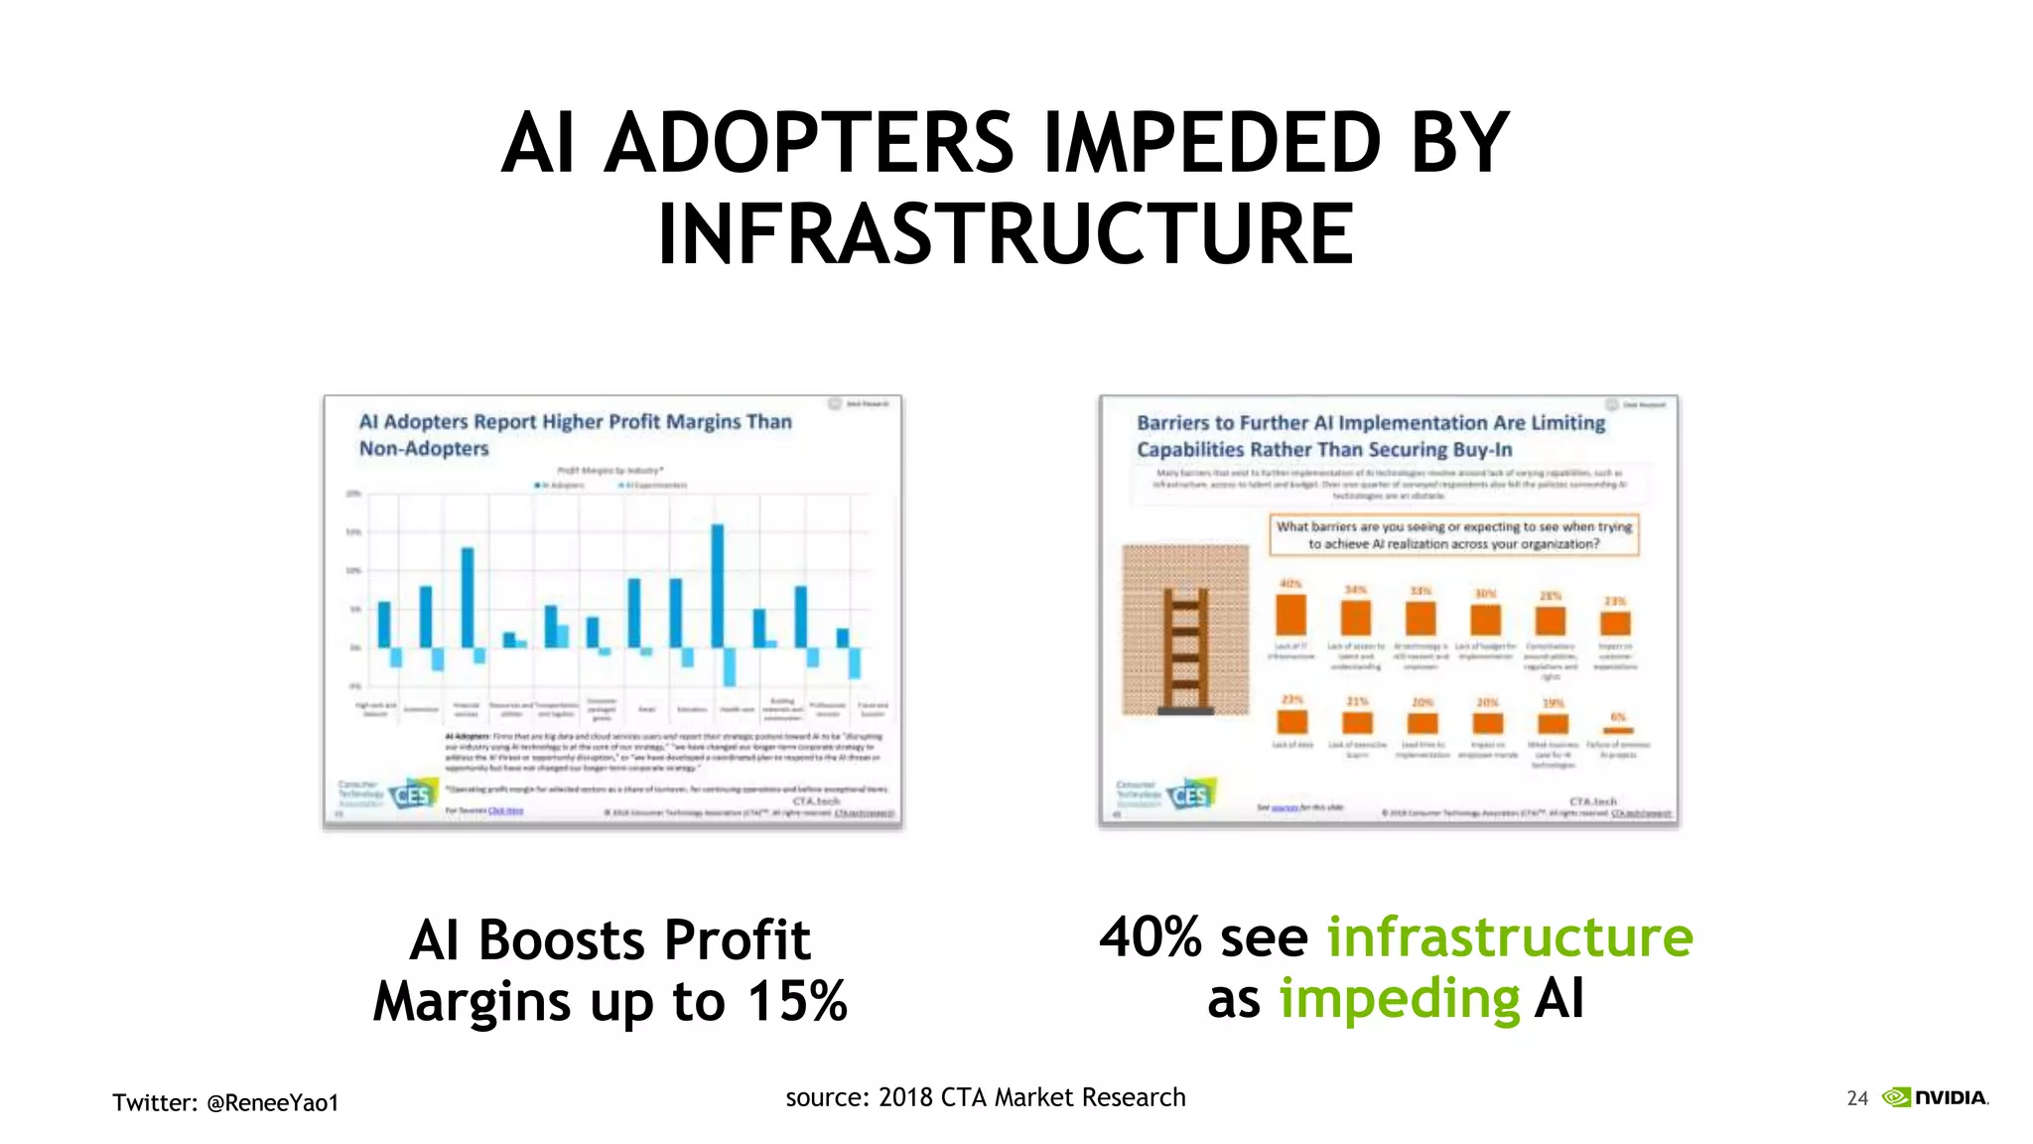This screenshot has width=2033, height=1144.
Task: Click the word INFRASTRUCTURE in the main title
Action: click(1006, 234)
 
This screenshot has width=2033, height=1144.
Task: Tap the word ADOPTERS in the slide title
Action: click(809, 143)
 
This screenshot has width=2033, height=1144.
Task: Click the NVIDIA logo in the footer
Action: click(1936, 1097)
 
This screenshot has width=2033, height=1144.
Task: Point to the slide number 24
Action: click(1857, 1098)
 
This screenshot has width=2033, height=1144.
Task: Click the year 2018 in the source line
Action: click(905, 1097)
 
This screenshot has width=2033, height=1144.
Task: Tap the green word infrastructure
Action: click(1509, 937)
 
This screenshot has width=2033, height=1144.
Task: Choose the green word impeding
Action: click(1399, 999)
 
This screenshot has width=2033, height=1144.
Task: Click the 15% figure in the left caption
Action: click(797, 1001)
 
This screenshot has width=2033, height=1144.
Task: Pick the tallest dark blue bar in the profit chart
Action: click(718, 586)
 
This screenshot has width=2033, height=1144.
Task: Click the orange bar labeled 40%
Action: click(1290, 614)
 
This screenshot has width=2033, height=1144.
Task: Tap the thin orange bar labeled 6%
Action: click(1617, 730)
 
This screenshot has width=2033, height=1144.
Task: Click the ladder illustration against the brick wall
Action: click(1185, 650)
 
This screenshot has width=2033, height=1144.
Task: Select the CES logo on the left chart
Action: click(412, 795)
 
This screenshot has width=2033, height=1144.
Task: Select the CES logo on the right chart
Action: click(1189, 795)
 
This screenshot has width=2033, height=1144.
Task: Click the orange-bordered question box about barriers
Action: click(1453, 535)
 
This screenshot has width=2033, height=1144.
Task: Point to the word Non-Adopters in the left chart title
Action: click(424, 449)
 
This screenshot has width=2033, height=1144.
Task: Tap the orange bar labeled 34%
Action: click(1355, 618)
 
